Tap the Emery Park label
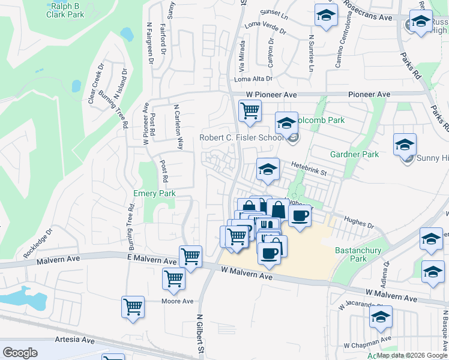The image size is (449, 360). tap(154, 193)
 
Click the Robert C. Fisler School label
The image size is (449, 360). tap(242, 138)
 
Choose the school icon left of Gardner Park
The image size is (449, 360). tap(405, 145)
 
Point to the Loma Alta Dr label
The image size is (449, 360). tap(253, 79)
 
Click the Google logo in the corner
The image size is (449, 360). tap(20, 353)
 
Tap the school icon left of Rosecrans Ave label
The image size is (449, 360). tap(325, 16)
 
